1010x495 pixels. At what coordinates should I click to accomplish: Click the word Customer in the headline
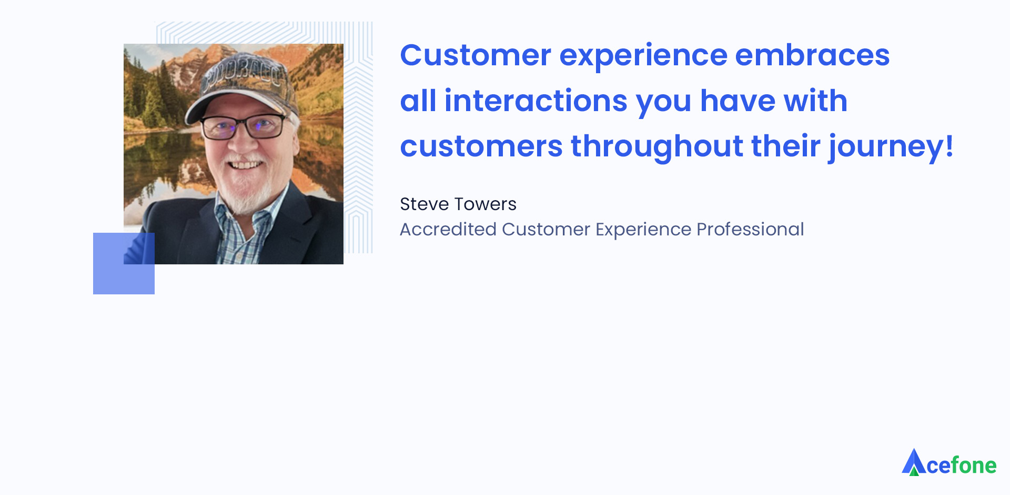click(x=476, y=55)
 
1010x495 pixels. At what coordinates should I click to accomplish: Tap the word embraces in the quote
click(x=812, y=55)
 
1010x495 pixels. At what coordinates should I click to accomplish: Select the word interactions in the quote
click(x=536, y=101)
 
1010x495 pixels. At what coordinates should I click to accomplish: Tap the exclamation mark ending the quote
click(x=949, y=145)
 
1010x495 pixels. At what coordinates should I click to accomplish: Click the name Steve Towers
click(x=458, y=204)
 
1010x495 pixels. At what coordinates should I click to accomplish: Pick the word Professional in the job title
click(x=750, y=229)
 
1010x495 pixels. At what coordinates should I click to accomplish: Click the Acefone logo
click(x=950, y=462)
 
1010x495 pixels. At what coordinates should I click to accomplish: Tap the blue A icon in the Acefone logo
click(x=914, y=462)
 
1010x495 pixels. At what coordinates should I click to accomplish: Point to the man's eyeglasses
click(x=243, y=126)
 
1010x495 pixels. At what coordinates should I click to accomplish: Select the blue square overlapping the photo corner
click(x=124, y=263)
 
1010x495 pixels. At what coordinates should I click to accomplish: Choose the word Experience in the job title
click(x=643, y=230)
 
